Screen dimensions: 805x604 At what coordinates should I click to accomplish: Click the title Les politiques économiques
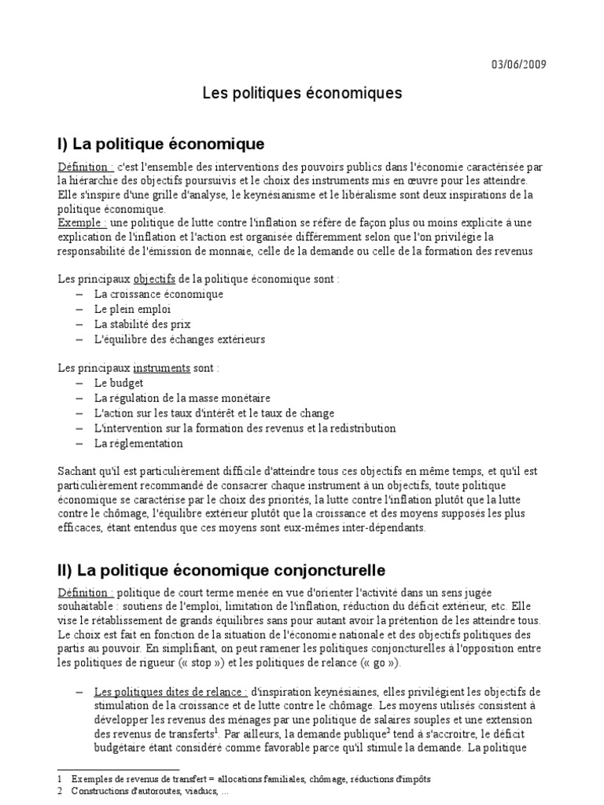tap(302, 94)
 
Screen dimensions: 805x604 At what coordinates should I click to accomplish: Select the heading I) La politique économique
tap(160, 144)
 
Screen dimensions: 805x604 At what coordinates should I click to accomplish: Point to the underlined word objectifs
tap(156, 279)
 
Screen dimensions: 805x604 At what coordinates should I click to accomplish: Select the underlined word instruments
tap(161, 368)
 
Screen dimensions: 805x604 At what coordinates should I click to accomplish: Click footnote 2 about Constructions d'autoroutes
tap(161, 792)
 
